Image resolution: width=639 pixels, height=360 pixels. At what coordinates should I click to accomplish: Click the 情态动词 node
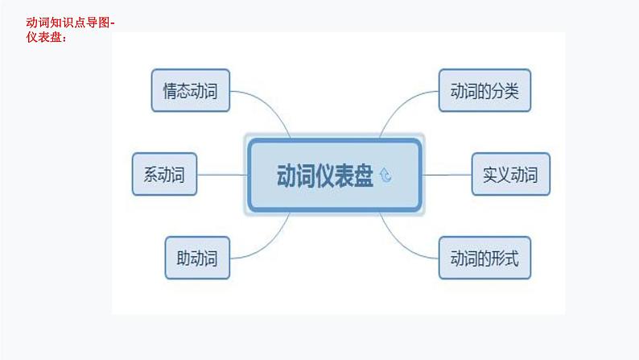tap(190, 90)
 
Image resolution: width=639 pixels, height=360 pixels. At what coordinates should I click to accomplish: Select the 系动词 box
tap(164, 174)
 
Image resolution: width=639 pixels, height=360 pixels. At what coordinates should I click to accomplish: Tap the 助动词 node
tap(197, 258)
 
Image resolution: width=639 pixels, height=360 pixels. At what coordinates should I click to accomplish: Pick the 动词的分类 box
tap(485, 90)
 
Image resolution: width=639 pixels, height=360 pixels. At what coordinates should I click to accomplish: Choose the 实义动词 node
tap(510, 174)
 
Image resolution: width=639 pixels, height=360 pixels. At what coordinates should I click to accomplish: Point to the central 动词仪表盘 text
tap(324, 176)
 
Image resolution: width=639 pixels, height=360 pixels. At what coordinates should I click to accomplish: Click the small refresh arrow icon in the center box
tap(385, 176)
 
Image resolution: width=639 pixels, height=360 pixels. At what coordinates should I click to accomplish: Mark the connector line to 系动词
tap(221, 174)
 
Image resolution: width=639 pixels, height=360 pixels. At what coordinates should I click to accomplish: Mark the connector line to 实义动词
tap(447, 174)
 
